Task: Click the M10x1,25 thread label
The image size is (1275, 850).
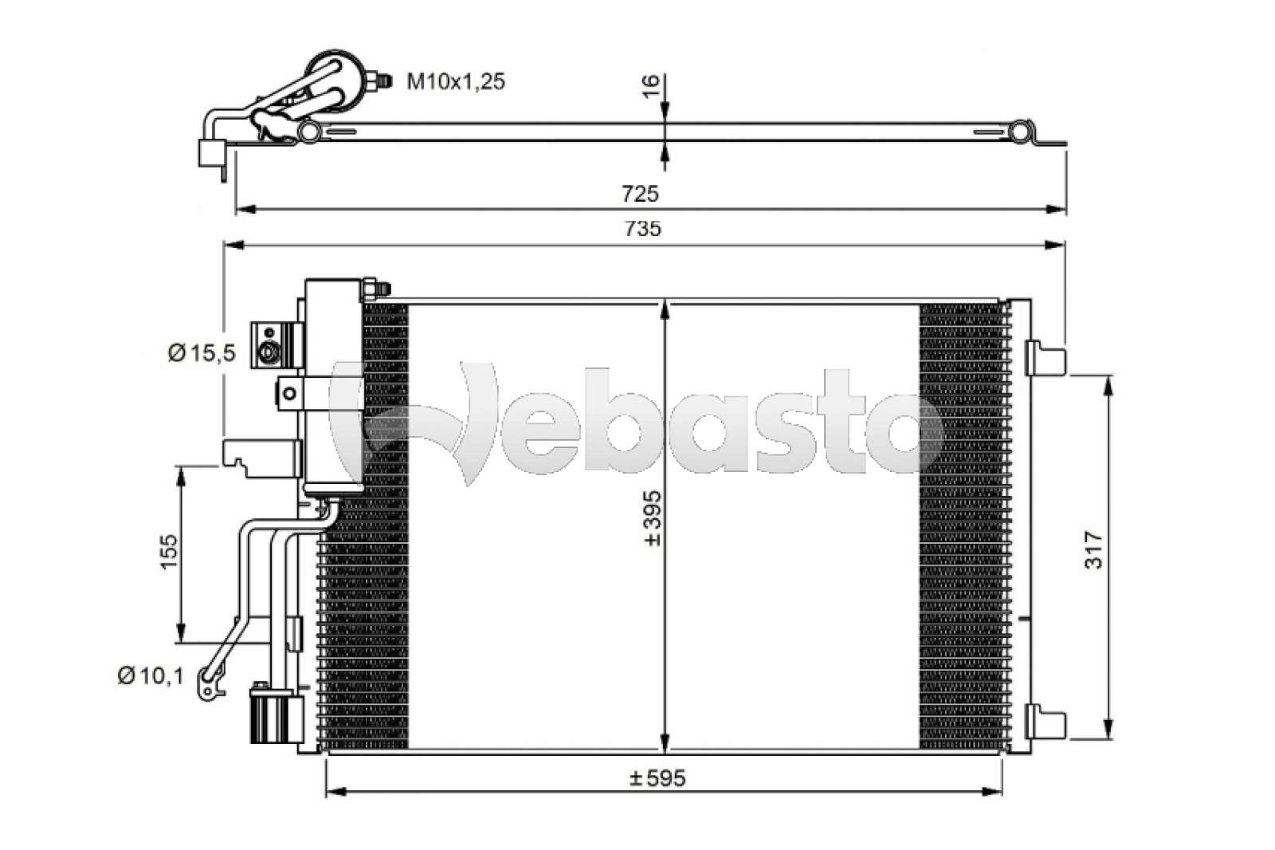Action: pos(456,82)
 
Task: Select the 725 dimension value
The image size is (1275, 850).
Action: pos(640,195)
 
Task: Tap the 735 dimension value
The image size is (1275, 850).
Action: pos(643,229)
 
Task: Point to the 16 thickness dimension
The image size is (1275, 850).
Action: pos(651,86)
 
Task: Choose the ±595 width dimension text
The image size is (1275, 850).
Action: pos(658,777)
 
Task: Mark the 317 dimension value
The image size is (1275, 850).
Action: pos(1093,550)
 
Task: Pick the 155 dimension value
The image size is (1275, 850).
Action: pos(169,551)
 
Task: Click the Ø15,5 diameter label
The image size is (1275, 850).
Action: pos(202,353)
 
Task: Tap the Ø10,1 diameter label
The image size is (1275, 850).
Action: pos(151,676)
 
